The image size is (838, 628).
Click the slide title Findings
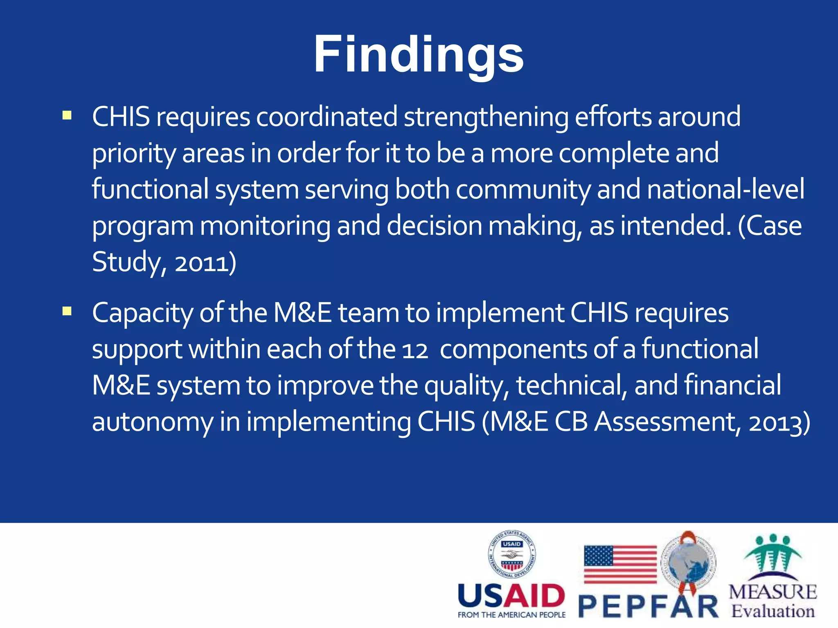pyautogui.click(x=418, y=54)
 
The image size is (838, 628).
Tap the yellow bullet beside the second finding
pyautogui.click(x=67, y=312)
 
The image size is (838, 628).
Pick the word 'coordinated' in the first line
pyautogui.click(x=327, y=117)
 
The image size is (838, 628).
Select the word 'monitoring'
pyautogui.click(x=265, y=226)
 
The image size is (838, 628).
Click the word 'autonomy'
pyautogui.click(x=152, y=422)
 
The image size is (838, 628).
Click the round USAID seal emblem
pyautogui.click(x=511, y=554)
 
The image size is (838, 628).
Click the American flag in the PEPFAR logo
pyautogui.click(x=620, y=564)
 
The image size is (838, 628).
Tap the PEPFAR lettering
pyautogui.click(x=649, y=607)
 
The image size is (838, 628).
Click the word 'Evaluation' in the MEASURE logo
pyautogui.click(x=773, y=612)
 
